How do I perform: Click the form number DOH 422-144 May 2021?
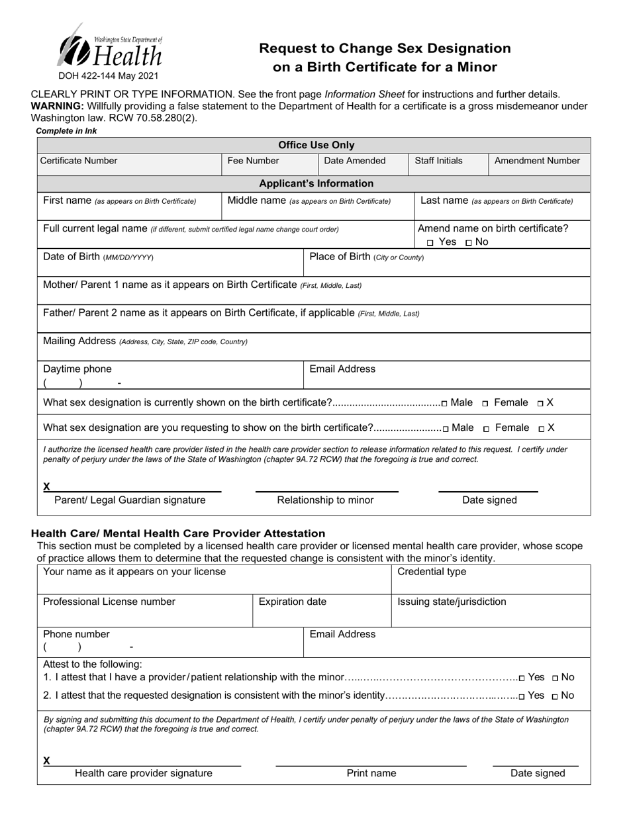(x=109, y=76)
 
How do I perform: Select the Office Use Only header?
(x=316, y=145)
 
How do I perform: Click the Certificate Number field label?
(x=79, y=161)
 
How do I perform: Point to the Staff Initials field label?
(x=438, y=161)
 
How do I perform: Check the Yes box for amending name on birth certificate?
(x=431, y=243)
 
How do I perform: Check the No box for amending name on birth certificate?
(x=469, y=243)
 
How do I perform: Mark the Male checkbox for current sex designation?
(x=444, y=403)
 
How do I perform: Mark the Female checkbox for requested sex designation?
(x=487, y=429)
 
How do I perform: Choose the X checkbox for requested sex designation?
(x=542, y=429)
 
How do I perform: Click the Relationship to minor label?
(x=325, y=500)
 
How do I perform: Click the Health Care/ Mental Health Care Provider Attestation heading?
(x=178, y=533)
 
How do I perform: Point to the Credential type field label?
(x=431, y=572)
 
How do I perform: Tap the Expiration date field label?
(x=292, y=602)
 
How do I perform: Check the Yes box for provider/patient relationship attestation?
(x=522, y=678)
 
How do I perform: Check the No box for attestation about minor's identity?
(x=555, y=696)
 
